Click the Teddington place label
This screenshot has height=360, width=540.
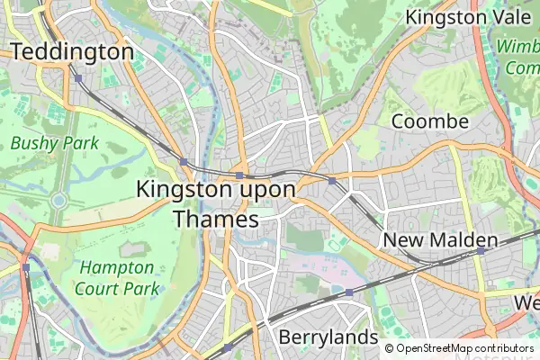[71, 52]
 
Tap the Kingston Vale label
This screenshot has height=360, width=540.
[465, 17]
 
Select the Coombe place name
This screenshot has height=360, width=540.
[429, 121]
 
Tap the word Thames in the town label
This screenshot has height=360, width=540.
[215, 219]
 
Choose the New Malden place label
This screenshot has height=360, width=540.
[440, 240]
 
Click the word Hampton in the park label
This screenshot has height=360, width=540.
[116, 267]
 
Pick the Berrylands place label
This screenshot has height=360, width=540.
[328, 337]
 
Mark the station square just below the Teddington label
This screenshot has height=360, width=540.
[78, 78]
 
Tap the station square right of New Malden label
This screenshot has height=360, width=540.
[481, 251]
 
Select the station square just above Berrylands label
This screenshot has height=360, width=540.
[348, 292]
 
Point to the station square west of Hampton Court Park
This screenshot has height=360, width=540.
[26, 267]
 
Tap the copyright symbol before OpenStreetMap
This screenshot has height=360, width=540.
[390, 348]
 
